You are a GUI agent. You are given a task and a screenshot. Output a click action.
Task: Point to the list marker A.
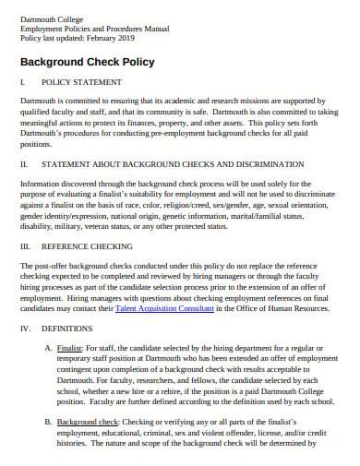coord(49,347)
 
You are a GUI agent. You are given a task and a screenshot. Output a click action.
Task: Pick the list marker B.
coord(49,421)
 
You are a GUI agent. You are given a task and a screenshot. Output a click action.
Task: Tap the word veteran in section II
coord(106,226)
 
